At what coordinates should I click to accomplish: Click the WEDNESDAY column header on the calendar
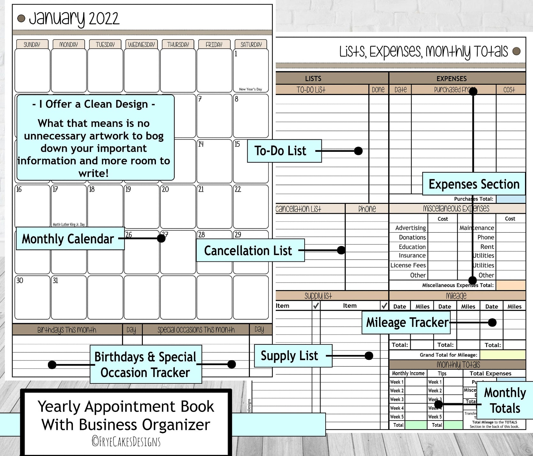click(141, 44)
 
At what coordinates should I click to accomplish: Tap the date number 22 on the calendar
click(238, 189)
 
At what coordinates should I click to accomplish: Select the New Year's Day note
click(250, 89)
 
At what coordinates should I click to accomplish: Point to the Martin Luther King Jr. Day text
click(69, 224)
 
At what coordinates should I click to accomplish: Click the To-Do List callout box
click(284, 151)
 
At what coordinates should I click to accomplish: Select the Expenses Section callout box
click(474, 184)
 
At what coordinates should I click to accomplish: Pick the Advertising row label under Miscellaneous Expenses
click(410, 228)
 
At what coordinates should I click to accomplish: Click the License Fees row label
click(408, 265)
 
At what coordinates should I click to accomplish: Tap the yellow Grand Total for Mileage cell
click(503, 355)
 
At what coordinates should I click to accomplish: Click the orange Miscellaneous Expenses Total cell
click(511, 285)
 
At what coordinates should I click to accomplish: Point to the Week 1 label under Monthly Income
click(397, 382)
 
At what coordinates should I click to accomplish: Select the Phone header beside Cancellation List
click(367, 209)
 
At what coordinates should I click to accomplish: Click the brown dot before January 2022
click(21, 19)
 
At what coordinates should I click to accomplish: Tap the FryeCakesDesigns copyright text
click(126, 442)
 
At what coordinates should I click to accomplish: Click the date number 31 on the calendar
click(55, 281)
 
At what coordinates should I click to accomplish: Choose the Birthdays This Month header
click(67, 330)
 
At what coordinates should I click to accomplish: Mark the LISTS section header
click(313, 78)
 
